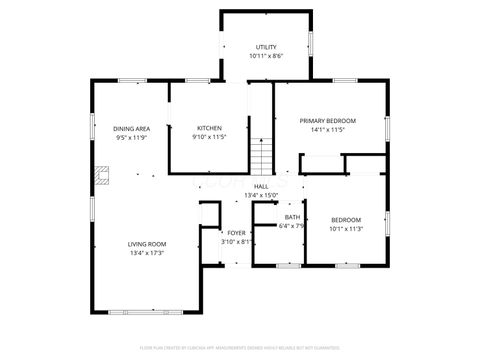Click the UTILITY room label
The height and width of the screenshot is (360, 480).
[x=266, y=47]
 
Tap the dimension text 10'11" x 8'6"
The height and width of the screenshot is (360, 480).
[x=266, y=56]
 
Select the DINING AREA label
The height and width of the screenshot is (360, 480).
[x=131, y=129]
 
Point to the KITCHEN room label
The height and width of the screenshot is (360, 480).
[x=209, y=128]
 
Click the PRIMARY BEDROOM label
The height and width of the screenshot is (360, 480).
[x=328, y=120]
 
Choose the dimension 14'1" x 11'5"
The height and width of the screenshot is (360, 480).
[x=328, y=129]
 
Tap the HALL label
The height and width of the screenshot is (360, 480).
[x=261, y=186]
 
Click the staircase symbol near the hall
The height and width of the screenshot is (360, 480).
[x=261, y=157]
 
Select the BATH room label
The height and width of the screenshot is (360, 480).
[x=292, y=217]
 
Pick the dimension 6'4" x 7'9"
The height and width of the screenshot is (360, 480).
[x=291, y=226]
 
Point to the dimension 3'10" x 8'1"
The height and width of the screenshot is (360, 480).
[x=235, y=241]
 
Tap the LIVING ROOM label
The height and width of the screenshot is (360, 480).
[x=146, y=244]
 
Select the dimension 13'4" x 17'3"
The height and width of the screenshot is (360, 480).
[x=146, y=253]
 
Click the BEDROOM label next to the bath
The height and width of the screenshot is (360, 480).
[x=346, y=219]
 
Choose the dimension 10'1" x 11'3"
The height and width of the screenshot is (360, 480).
[x=346, y=228]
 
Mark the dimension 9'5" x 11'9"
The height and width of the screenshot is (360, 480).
[x=131, y=138]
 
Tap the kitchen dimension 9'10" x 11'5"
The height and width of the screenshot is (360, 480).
[x=209, y=137]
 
